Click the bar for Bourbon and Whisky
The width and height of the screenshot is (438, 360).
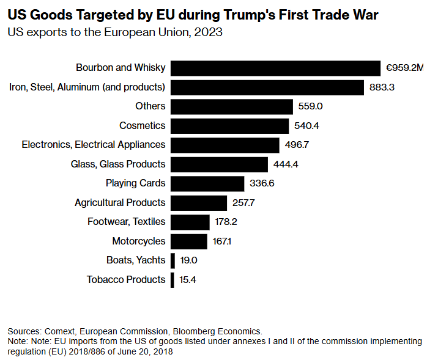(275, 68)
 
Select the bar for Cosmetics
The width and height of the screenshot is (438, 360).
(229, 126)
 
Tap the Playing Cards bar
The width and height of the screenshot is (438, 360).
(207, 183)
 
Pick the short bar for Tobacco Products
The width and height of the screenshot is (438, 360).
(173, 280)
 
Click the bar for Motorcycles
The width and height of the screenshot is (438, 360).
(189, 241)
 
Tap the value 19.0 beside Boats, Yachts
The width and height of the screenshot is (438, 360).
(189, 260)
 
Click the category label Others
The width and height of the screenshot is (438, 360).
(150, 106)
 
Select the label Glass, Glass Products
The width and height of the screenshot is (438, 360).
(119, 164)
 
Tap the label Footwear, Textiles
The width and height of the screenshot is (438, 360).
(127, 222)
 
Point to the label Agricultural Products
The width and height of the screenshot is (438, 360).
(120, 202)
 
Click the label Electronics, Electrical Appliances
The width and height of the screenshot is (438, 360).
(94, 145)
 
